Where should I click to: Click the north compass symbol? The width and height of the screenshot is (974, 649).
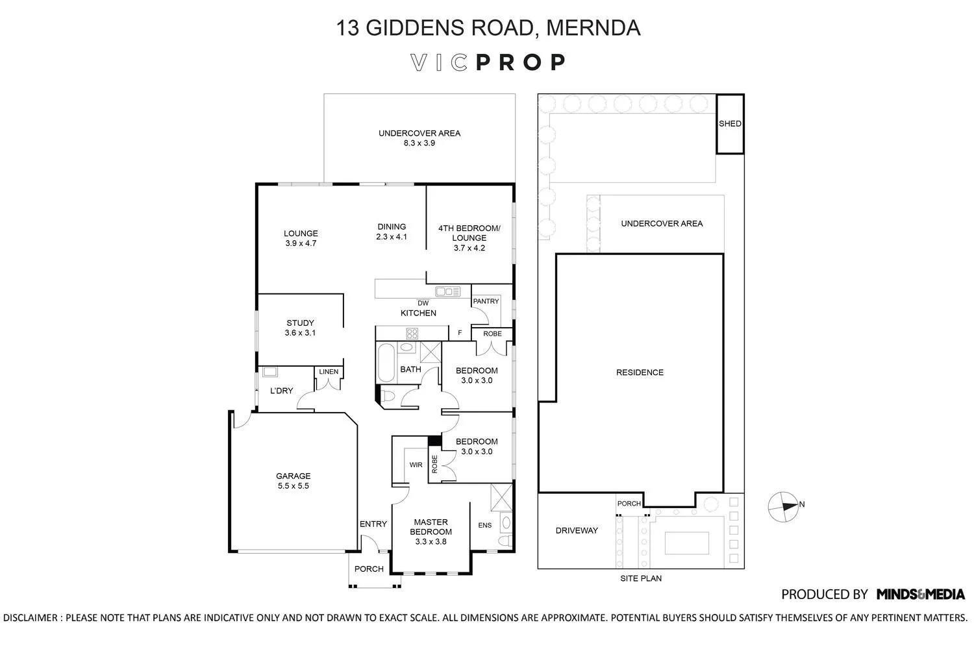(x=782, y=506)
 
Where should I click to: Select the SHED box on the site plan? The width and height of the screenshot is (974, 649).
(x=730, y=124)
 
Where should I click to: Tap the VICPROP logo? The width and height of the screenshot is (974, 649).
(x=488, y=62)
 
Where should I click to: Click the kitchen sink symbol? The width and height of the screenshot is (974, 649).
(x=448, y=292)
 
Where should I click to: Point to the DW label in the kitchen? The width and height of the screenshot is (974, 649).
(x=423, y=303)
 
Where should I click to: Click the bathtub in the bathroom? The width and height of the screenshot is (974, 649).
(x=384, y=363)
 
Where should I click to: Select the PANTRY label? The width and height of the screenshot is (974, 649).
(x=486, y=301)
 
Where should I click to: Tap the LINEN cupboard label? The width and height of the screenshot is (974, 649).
(x=329, y=372)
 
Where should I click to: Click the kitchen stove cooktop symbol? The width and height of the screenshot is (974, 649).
(x=412, y=334)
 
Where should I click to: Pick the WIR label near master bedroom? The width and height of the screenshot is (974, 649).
(x=416, y=465)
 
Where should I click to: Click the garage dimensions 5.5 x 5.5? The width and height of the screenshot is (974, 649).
(x=293, y=485)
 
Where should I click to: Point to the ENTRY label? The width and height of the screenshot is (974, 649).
(x=373, y=524)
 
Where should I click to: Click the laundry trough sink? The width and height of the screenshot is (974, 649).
(x=269, y=372)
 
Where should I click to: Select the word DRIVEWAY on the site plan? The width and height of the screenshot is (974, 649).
(x=577, y=530)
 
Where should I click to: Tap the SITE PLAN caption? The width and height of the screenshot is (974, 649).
(x=640, y=578)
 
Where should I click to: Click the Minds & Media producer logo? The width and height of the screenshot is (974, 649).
(x=920, y=594)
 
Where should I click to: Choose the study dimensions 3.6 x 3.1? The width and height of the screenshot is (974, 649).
(x=300, y=333)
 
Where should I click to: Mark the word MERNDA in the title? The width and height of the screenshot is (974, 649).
(x=593, y=28)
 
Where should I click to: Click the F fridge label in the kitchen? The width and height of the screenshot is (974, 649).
(x=460, y=334)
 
